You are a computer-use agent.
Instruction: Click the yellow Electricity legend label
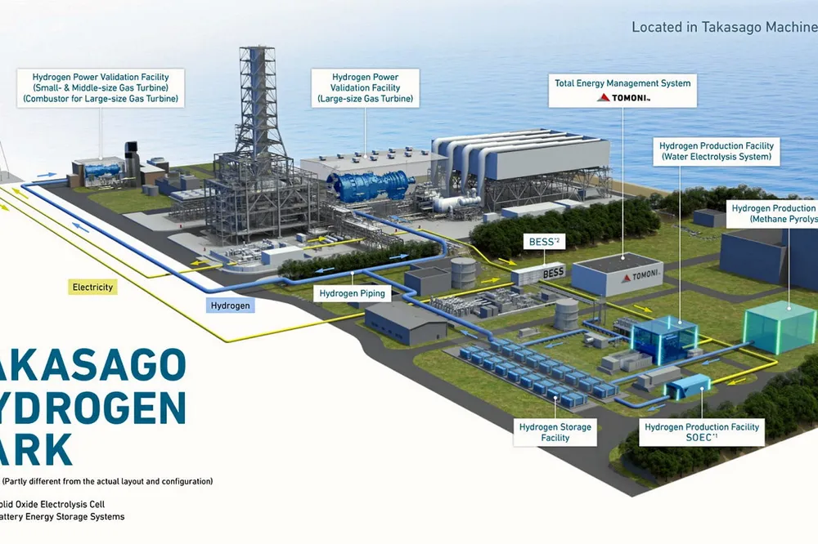tap(92, 288)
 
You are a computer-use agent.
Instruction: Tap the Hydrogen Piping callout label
tap(352, 293)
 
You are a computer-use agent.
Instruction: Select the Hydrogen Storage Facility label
tap(555, 432)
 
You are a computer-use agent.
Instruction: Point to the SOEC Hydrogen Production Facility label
tap(702, 432)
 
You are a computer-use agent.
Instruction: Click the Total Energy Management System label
tap(622, 89)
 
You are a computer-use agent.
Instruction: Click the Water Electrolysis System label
tap(717, 151)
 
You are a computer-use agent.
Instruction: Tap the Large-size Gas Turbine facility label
tap(365, 87)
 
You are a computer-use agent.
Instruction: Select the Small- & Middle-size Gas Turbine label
tap(101, 87)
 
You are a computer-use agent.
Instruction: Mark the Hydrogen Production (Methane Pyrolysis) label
tap(773, 215)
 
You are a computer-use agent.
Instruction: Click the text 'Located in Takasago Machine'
tap(724, 27)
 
